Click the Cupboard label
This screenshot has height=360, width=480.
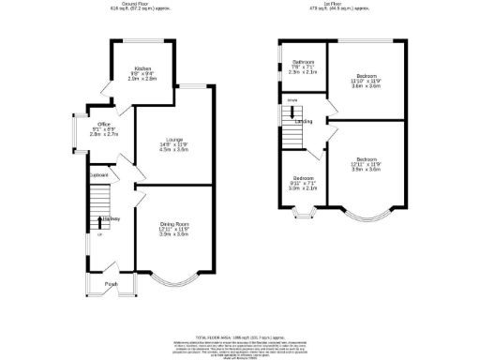tap(98, 175)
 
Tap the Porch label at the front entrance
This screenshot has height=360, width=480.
tap(111, 284)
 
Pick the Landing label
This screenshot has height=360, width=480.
tap(304, 122)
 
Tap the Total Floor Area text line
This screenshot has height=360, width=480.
tap(240, 309)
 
